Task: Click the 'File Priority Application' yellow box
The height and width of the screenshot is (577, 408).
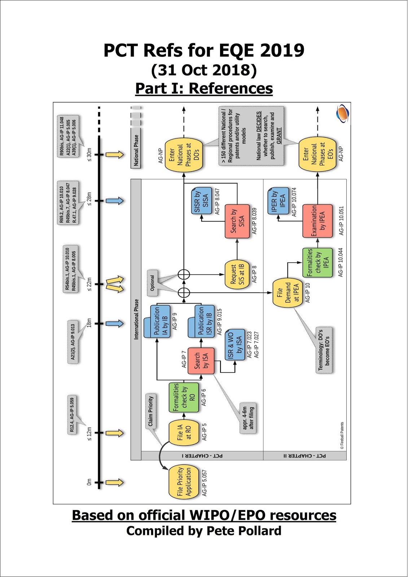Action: pos(184,482)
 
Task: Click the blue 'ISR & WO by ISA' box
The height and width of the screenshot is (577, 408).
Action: pos(234,344)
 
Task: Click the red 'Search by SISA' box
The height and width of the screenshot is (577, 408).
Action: pos(237,221)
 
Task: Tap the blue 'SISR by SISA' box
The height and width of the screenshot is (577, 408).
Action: pos(201,200)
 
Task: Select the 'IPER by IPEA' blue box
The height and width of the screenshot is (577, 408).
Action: pos(278,201)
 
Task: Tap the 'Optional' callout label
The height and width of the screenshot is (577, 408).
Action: pos(153,282)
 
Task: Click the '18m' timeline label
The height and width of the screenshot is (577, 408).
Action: pos(89,323)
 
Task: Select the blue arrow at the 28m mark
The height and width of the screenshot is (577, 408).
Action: pos(115,201)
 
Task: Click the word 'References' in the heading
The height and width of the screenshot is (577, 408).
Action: pos(231,88)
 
